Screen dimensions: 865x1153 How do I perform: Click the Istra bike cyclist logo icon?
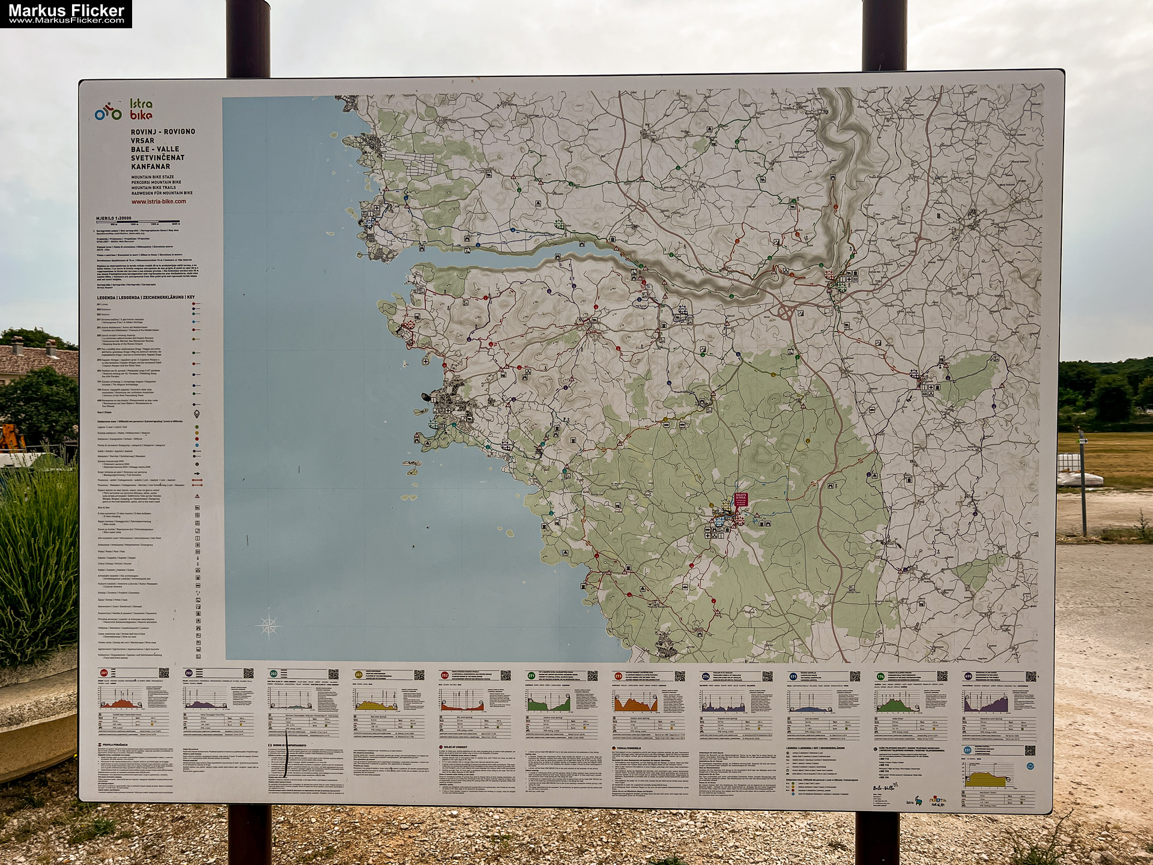coord(108,111)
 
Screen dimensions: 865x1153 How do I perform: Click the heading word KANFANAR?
coord(151,166)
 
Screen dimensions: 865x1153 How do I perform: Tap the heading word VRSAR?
coord(143,141)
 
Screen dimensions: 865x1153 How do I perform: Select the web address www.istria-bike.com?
coord(159,201)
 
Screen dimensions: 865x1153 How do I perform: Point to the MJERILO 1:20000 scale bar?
coord(138,221)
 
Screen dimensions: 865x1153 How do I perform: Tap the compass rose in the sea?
coord(268,626)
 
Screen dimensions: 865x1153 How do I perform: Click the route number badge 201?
coord(104,673)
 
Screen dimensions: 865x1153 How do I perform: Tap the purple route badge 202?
coord(189,673)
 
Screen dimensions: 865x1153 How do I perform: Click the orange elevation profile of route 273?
coord(635,702)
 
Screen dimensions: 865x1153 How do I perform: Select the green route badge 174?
coord(880,676)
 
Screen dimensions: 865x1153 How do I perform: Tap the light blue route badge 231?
coord(967,750)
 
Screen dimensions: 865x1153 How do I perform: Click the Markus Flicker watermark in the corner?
coord(66,13)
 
